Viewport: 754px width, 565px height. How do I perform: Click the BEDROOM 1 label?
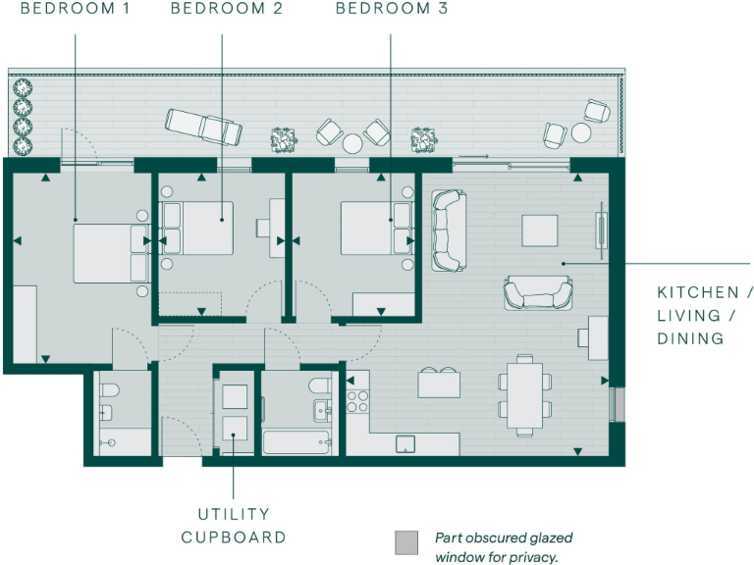click(x=75, y=10)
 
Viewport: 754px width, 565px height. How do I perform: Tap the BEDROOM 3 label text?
click(x=392, y=10)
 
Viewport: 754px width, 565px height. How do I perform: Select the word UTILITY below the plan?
click(x=234, y=514)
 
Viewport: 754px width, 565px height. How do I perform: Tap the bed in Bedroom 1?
click(x=108, y=252)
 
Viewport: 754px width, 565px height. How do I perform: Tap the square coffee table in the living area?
click(x=539, y=231)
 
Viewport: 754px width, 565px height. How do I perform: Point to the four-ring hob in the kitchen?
click(x=358, y=400)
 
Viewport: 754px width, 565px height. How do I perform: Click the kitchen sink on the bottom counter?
click(x=406, y=444)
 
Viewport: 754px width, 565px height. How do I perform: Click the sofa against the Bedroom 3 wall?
click(x=448, y=231)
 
